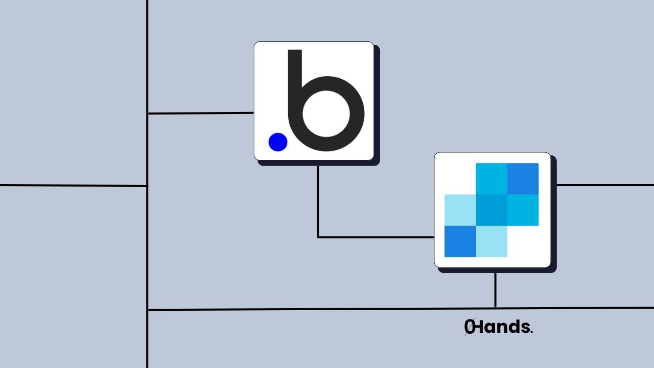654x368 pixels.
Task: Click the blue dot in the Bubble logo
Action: [278, 142]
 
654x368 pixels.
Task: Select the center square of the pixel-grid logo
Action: [492, 210]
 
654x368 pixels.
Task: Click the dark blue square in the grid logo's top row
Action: [523, 178]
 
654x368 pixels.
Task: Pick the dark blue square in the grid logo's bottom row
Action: [460, 241]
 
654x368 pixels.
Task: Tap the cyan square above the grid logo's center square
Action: [492, 178]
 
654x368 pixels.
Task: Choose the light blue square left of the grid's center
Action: [460, 210]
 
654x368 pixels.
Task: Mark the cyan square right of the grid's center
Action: [523, 210]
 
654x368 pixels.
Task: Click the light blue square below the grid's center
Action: [492, 241]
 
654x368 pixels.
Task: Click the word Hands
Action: [503, 327]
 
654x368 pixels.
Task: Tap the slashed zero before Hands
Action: [469, 327]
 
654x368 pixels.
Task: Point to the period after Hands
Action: [532, 332]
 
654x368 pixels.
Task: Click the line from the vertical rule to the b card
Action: [200, 113]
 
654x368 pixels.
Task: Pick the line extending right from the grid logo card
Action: [603, 185]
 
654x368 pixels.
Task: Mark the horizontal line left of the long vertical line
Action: [74, 186]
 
